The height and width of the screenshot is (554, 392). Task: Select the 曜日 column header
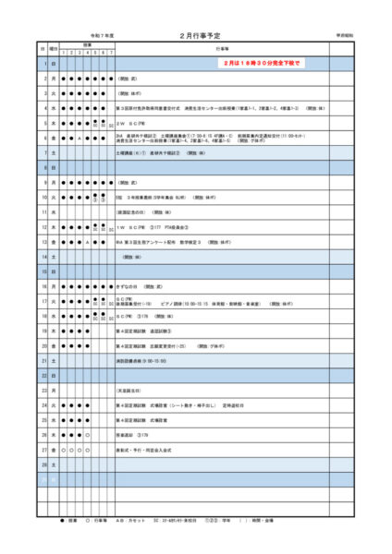tap(54, 47)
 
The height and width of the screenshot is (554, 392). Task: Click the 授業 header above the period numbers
tap(87, 43)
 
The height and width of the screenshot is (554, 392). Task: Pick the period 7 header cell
tap(111, 52)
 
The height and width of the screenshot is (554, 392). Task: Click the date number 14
tap(42, 256)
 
